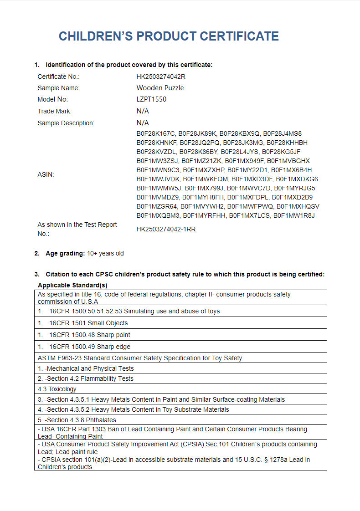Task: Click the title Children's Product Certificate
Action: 169,36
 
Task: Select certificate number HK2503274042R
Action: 161,77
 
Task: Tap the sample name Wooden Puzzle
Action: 160,88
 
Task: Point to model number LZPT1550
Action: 151,99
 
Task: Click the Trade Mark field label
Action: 55,111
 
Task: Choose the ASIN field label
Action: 46,174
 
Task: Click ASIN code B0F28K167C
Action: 155,133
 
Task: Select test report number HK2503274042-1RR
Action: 166,229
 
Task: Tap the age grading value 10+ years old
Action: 105,253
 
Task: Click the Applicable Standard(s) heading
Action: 72,285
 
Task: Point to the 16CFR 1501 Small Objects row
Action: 89,323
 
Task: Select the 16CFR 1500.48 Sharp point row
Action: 90,335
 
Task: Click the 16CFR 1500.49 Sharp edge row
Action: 90,347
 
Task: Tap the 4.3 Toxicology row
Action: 57,389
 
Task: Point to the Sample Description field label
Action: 66,123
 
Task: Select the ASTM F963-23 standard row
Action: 140,358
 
